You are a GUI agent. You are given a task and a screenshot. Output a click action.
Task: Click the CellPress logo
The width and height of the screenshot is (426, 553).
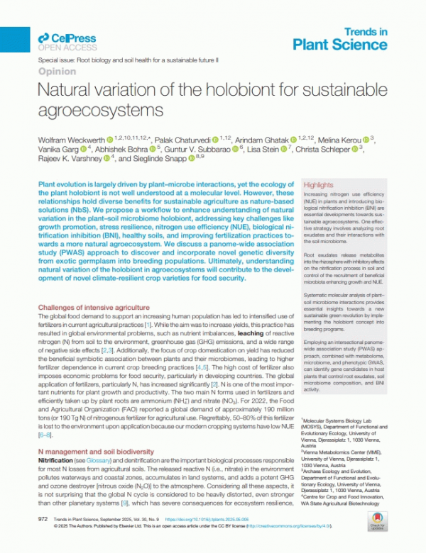(x=62, y=39)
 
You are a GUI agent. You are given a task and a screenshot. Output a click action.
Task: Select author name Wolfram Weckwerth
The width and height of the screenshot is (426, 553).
(x=70, y=137)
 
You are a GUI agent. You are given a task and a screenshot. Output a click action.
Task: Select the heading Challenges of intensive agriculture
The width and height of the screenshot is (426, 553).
(x=94, y=307)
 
